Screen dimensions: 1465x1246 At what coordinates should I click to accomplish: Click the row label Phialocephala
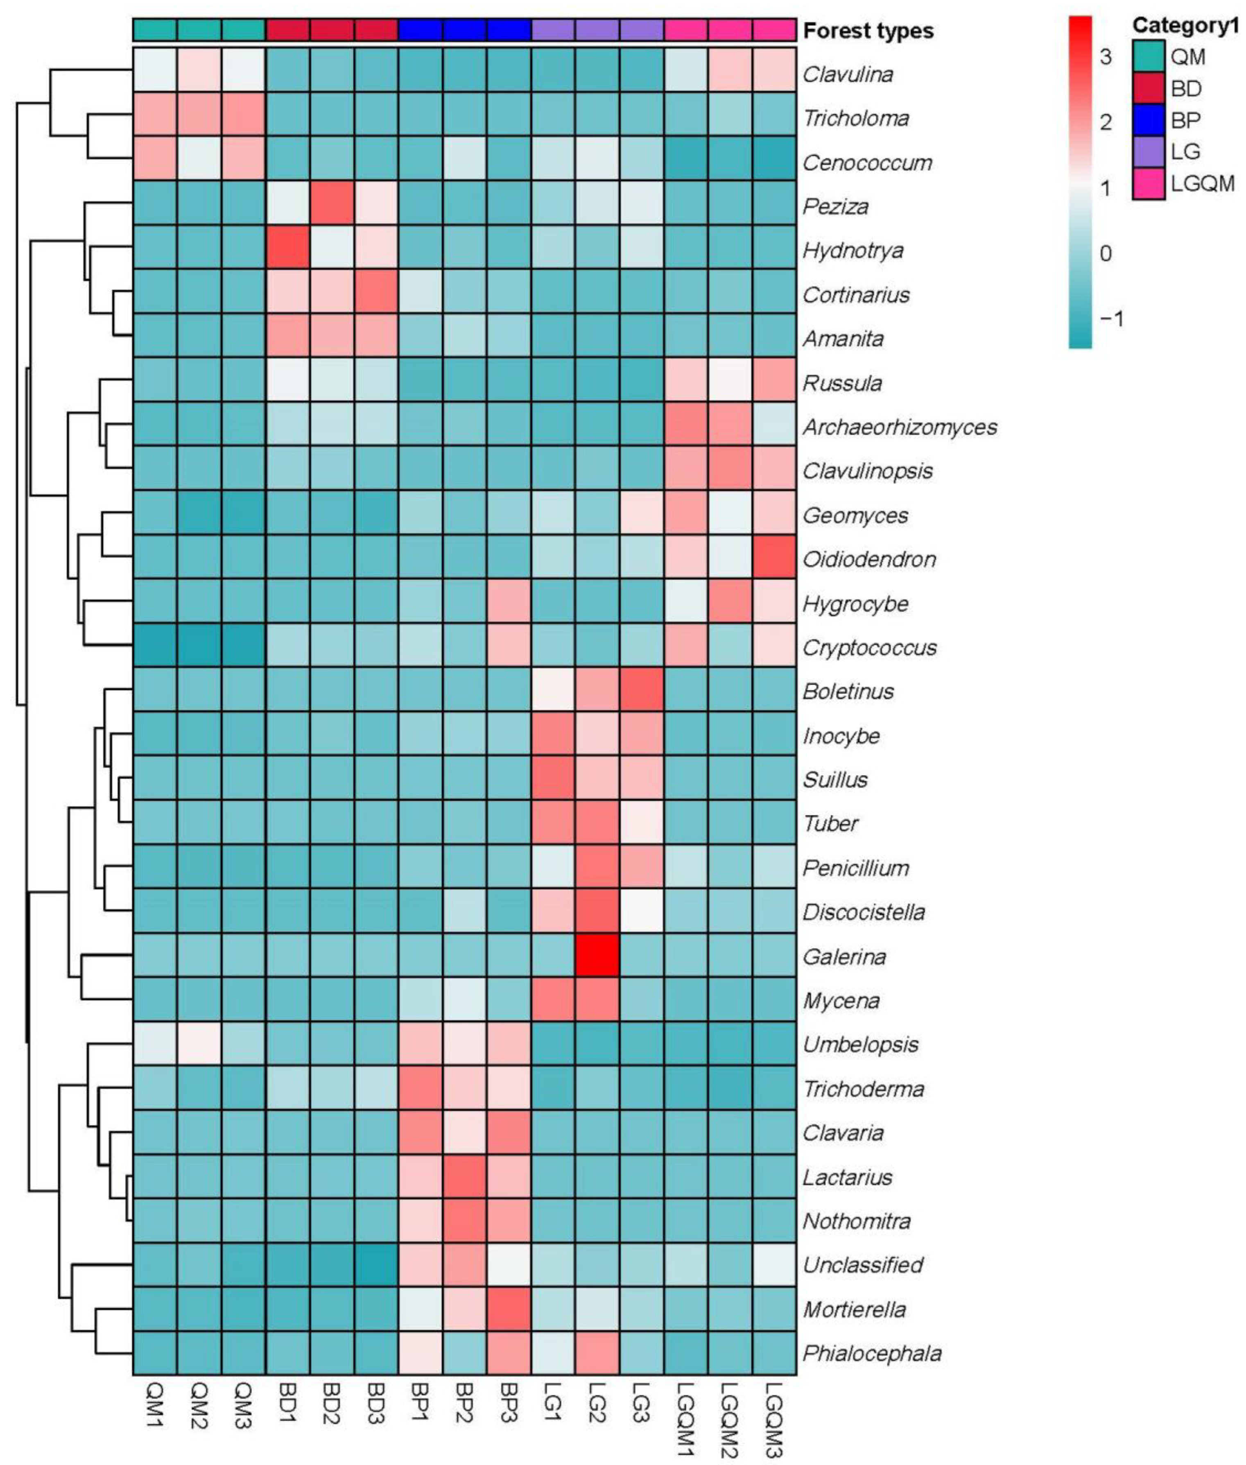click(x=872, y=1353)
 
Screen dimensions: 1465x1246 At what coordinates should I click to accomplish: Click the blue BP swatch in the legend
click(x=1148, y=120)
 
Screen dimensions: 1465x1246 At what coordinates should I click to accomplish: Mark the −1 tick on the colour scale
click(x=1110, y=319)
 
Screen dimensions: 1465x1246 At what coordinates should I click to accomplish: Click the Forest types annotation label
click(x=868, y=31)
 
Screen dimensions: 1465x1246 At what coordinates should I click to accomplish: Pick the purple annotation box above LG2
click(x=597, y=29)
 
